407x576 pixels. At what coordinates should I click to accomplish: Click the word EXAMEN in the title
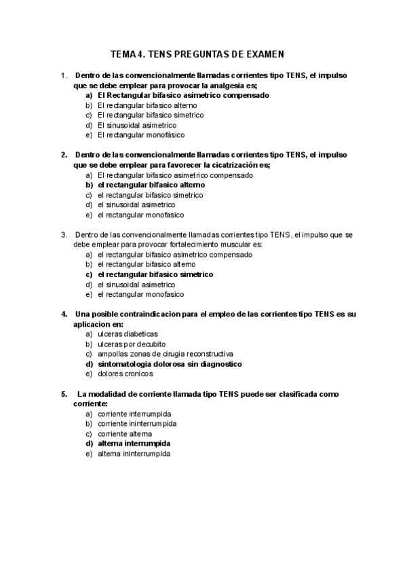263,53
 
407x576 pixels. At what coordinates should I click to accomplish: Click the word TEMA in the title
124,53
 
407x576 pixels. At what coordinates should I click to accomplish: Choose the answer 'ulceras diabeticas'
128,334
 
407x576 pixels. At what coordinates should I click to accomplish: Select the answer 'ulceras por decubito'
131,344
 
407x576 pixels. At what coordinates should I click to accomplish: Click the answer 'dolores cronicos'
125,374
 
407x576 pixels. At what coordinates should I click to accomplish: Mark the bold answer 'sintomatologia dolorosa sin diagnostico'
170,364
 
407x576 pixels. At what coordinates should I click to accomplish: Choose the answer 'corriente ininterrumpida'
137,424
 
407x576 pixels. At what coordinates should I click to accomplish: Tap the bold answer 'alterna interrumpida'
134,444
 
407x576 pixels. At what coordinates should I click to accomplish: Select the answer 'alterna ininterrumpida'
134,453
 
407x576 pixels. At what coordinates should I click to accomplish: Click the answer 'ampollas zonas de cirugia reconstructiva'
166,354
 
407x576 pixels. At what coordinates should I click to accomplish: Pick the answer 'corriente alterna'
125,433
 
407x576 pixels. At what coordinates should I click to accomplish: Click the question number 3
64,235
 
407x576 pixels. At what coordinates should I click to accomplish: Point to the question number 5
64,394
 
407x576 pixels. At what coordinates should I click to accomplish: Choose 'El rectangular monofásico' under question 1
140,135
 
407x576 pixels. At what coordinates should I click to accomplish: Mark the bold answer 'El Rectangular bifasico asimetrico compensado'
183,96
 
